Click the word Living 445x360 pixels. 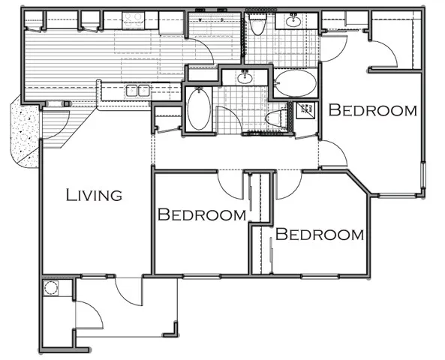(x=94, y=196)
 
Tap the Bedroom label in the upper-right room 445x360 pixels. (x=374, y=111)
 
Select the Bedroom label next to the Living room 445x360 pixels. (x=202, y=215)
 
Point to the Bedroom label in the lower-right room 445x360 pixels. (x=320, y=234)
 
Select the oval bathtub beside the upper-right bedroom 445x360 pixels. (x=295, y=82)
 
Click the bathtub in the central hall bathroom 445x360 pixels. (x=199, y=109)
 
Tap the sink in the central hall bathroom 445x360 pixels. (x=245, y=76)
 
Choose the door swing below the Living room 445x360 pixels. (x=128, y=291)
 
